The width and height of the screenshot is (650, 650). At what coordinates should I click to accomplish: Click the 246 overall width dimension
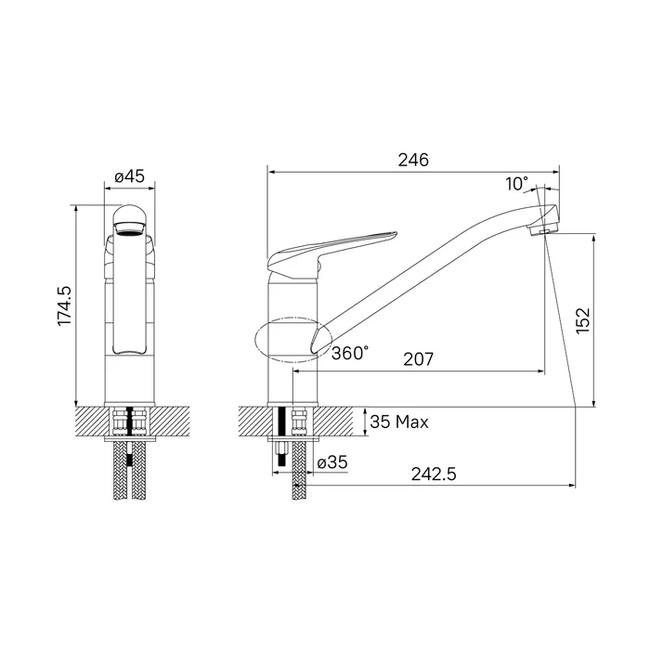click(413, 160)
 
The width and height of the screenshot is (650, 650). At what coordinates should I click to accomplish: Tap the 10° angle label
click(517, 183)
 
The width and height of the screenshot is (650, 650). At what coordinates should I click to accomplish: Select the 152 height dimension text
click(582, 320)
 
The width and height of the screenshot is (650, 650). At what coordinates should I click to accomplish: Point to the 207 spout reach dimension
click(419, 359)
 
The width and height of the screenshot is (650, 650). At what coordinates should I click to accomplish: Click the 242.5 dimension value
click(434, 474)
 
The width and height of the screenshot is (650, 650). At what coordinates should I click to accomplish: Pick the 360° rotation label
click(350, 353)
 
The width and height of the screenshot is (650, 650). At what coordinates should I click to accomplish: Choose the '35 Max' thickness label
click(399, 422)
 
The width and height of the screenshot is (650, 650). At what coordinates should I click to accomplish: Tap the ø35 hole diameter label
click(332, 462)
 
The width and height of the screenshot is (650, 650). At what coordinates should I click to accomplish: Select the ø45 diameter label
click(130, 176)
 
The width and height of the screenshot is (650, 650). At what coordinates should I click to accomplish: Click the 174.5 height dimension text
click(65, 305)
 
